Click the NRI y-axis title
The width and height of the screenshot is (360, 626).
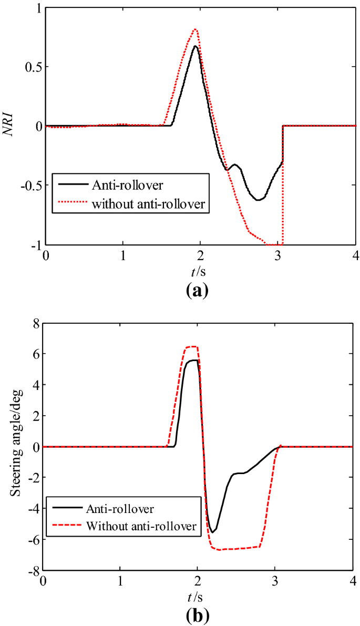pyautogui.click(x=9, y=126)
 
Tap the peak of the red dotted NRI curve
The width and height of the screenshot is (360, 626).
pyautogui.click(x=196, y=29)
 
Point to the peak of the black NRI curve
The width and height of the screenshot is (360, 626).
pyautogui.click(x=195, y=46)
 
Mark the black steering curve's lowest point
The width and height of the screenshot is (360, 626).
pyautogui.click(x=212, y=532)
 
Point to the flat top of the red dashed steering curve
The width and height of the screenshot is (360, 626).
pyautogui.click(x=190, y=346)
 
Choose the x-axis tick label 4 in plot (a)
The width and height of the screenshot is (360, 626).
pyautogui.click(x=355, y=256)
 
